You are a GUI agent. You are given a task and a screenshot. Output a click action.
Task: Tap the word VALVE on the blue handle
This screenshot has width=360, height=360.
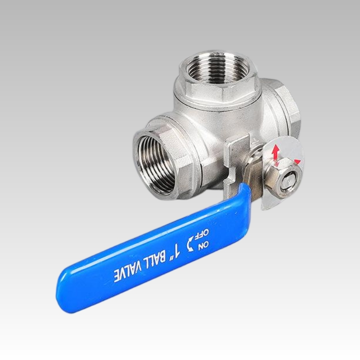[x=127, y=271]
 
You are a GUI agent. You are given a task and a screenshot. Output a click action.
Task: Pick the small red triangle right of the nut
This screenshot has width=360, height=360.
[x=297, y=162]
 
